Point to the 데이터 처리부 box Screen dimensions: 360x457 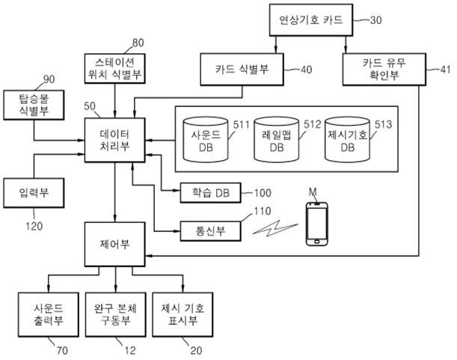click(115, 138)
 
